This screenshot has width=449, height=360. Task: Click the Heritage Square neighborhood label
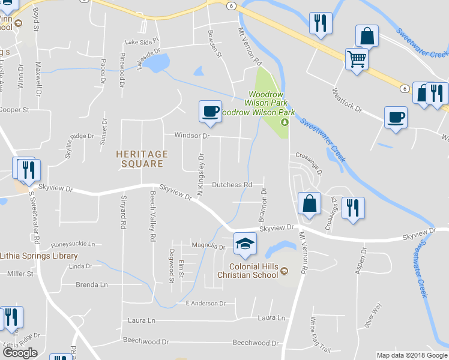pos(139,159)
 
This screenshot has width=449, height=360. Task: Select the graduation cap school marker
pos(245,243)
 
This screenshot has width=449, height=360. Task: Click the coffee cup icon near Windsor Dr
pos(210,112)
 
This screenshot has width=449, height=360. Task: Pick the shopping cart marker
pos(357,59)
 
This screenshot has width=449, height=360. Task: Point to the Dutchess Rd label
pos(232,185)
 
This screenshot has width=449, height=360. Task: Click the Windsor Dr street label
pos(191,136)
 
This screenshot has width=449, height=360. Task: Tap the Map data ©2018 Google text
pos(411,355)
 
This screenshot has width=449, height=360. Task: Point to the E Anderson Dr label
pos(205,304)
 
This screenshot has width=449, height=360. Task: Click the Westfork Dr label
pos(348,100)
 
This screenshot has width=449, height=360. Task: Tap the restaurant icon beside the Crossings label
pos(353,208)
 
